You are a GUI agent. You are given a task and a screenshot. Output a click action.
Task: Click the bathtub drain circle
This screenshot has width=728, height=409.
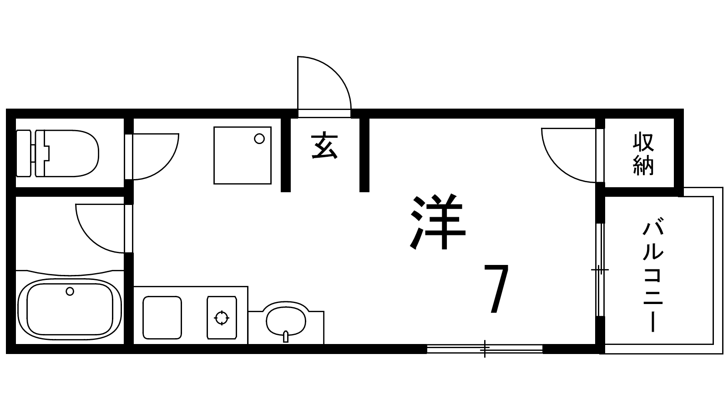[x=70, y=291]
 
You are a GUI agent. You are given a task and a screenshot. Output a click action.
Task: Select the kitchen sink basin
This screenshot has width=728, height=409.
[x=162, y=317]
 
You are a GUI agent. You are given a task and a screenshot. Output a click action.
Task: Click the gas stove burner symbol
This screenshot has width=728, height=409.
[x=222, y=318]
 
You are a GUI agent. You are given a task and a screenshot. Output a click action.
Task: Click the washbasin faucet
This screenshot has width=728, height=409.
[x=285, y=337]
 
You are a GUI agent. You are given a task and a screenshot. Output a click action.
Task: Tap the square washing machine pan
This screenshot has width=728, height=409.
[x=243, y=155]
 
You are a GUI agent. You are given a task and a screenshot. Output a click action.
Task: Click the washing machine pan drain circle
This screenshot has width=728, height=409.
[x=259, y=139]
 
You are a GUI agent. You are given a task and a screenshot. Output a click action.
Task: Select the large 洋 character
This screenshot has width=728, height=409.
[x=438, y=222]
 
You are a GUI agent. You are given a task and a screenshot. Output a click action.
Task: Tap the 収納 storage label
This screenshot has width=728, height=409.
[x=643, y=154]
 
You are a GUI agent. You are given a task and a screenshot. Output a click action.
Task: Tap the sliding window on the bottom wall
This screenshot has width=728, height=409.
[x=485, y=349]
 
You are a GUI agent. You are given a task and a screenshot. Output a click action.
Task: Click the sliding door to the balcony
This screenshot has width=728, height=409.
[x=600, y=270]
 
